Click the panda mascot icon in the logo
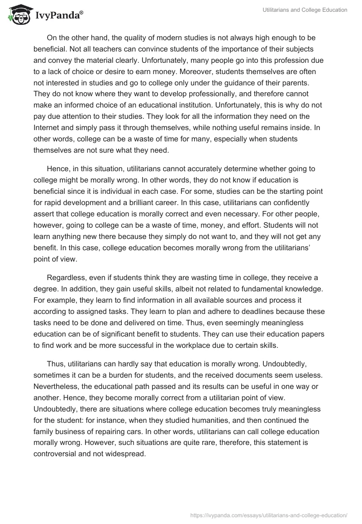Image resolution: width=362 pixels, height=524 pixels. click(x=18, y=15)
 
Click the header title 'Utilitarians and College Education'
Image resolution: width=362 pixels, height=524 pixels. click(x=305, y=10)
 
